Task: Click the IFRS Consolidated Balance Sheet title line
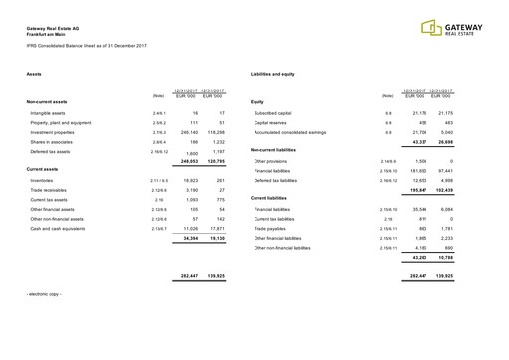(86, 47)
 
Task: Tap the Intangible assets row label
(47, 114)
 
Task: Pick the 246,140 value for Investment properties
(188, 132)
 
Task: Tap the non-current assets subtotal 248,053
(188, 160)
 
